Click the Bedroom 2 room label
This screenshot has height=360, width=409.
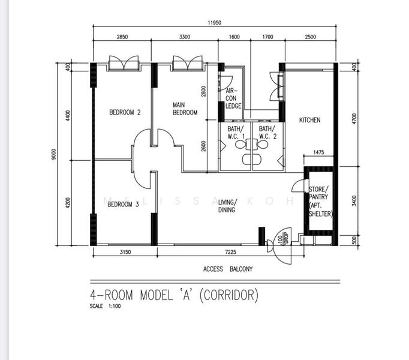point(125,112)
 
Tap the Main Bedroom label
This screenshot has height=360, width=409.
point(185,109)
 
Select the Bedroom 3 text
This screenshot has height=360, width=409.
point(123,205)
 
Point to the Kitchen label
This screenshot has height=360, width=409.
point(309,120)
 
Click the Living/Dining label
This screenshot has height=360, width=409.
point(227,206)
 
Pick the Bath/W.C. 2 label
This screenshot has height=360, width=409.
point(267,132)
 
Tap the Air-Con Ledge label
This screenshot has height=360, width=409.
point(233,98)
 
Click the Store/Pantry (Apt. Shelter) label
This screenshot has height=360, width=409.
point(320,202)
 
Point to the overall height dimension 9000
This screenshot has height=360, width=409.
point(53,154)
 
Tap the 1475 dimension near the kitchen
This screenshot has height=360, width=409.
point(318,153)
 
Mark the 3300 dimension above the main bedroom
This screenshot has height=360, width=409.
point(184,37)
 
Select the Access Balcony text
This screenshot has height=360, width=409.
point(228,269)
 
